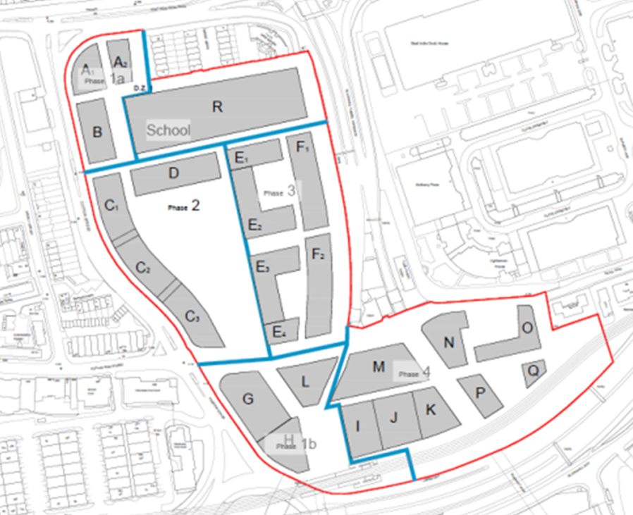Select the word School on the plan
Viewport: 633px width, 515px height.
(x=168, y=130)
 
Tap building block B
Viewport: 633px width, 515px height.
(x=97, y=131)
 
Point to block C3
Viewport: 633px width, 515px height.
(x=192, y=317)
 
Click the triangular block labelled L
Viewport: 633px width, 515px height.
(x=305, y=380)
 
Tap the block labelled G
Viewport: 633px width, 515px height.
(x=248, y=399)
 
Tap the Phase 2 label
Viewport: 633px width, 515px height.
(x=185, y=206)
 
